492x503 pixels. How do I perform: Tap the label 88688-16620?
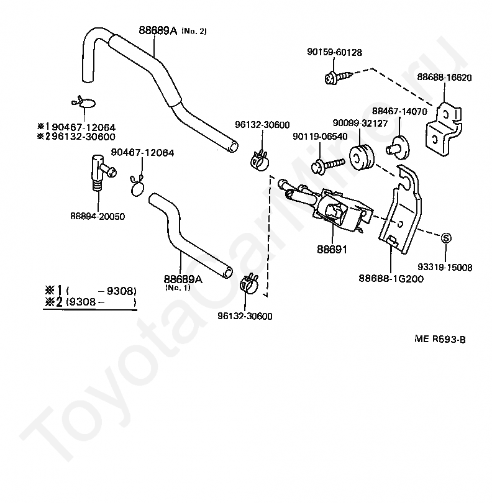[444, 78]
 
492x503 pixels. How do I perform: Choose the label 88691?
[332, 249]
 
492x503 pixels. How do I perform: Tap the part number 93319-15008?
[445, 268]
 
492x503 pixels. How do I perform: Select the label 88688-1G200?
[392, 279]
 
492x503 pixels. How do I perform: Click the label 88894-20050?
[98, 216]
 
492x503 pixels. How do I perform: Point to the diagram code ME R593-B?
[440, 339]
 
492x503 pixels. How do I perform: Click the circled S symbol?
[445, 237]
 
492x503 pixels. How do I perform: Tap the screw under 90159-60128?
[337, 78]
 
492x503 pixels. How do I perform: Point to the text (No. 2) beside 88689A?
[194, 32]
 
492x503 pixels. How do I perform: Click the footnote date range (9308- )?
[100, 302]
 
